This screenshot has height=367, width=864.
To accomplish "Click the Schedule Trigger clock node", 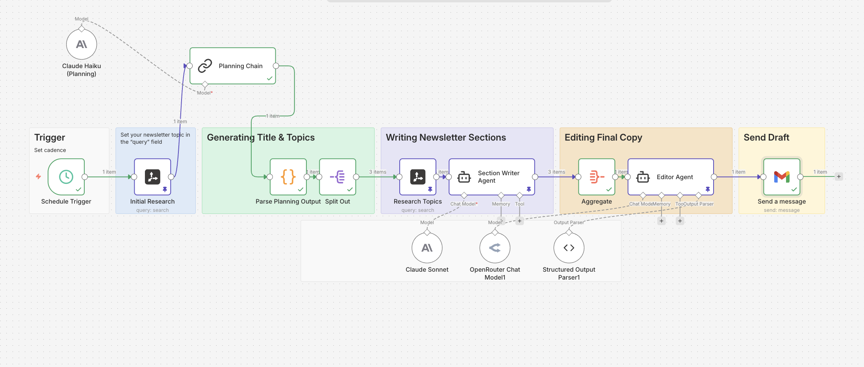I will tap(66, 177).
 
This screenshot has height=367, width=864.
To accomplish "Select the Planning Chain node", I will tap(232, 66).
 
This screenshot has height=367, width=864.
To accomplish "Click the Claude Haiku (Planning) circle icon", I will tap(82, 44).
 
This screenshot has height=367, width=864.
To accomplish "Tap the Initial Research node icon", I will tap(152, 177).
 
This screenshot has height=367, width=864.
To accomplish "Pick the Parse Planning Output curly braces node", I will tap(288, 177).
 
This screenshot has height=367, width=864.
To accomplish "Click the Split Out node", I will tap(337, 177).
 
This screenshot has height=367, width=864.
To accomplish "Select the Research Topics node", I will tap(417, 177).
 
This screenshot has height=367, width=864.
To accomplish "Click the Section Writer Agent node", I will tap(491, 177).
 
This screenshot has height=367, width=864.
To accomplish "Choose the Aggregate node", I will tap(596, 177).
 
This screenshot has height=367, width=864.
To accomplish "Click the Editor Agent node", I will tap(670, 177).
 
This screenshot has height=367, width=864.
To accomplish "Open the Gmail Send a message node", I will tap(781, 177).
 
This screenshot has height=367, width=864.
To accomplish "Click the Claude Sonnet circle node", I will tap(427, 248).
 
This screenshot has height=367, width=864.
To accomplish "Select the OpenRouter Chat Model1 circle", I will tap(495, 248).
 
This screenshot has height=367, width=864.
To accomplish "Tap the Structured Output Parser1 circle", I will tap(569, 248).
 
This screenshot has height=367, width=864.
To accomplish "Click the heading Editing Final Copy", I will tap(603, 137).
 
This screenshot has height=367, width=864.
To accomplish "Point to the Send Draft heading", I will tap(766, 137).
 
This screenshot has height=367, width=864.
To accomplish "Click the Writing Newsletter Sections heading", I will tap(445, 137).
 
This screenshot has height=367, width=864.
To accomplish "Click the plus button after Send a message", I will tap(839, 176).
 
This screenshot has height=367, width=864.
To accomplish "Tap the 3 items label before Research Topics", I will tap(377, 172).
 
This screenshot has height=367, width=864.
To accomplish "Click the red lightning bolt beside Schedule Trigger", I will tap(38, 176).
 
